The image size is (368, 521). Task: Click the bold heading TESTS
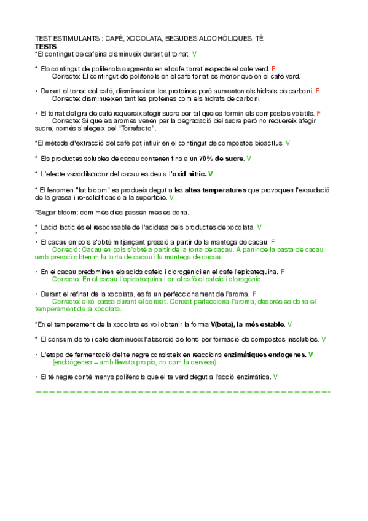point(46,46)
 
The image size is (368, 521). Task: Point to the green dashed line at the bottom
point(184,391)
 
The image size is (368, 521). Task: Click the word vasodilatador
point(87,174)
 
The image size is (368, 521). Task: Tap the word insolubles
point(302,339)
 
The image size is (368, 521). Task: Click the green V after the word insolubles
point(324,339)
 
